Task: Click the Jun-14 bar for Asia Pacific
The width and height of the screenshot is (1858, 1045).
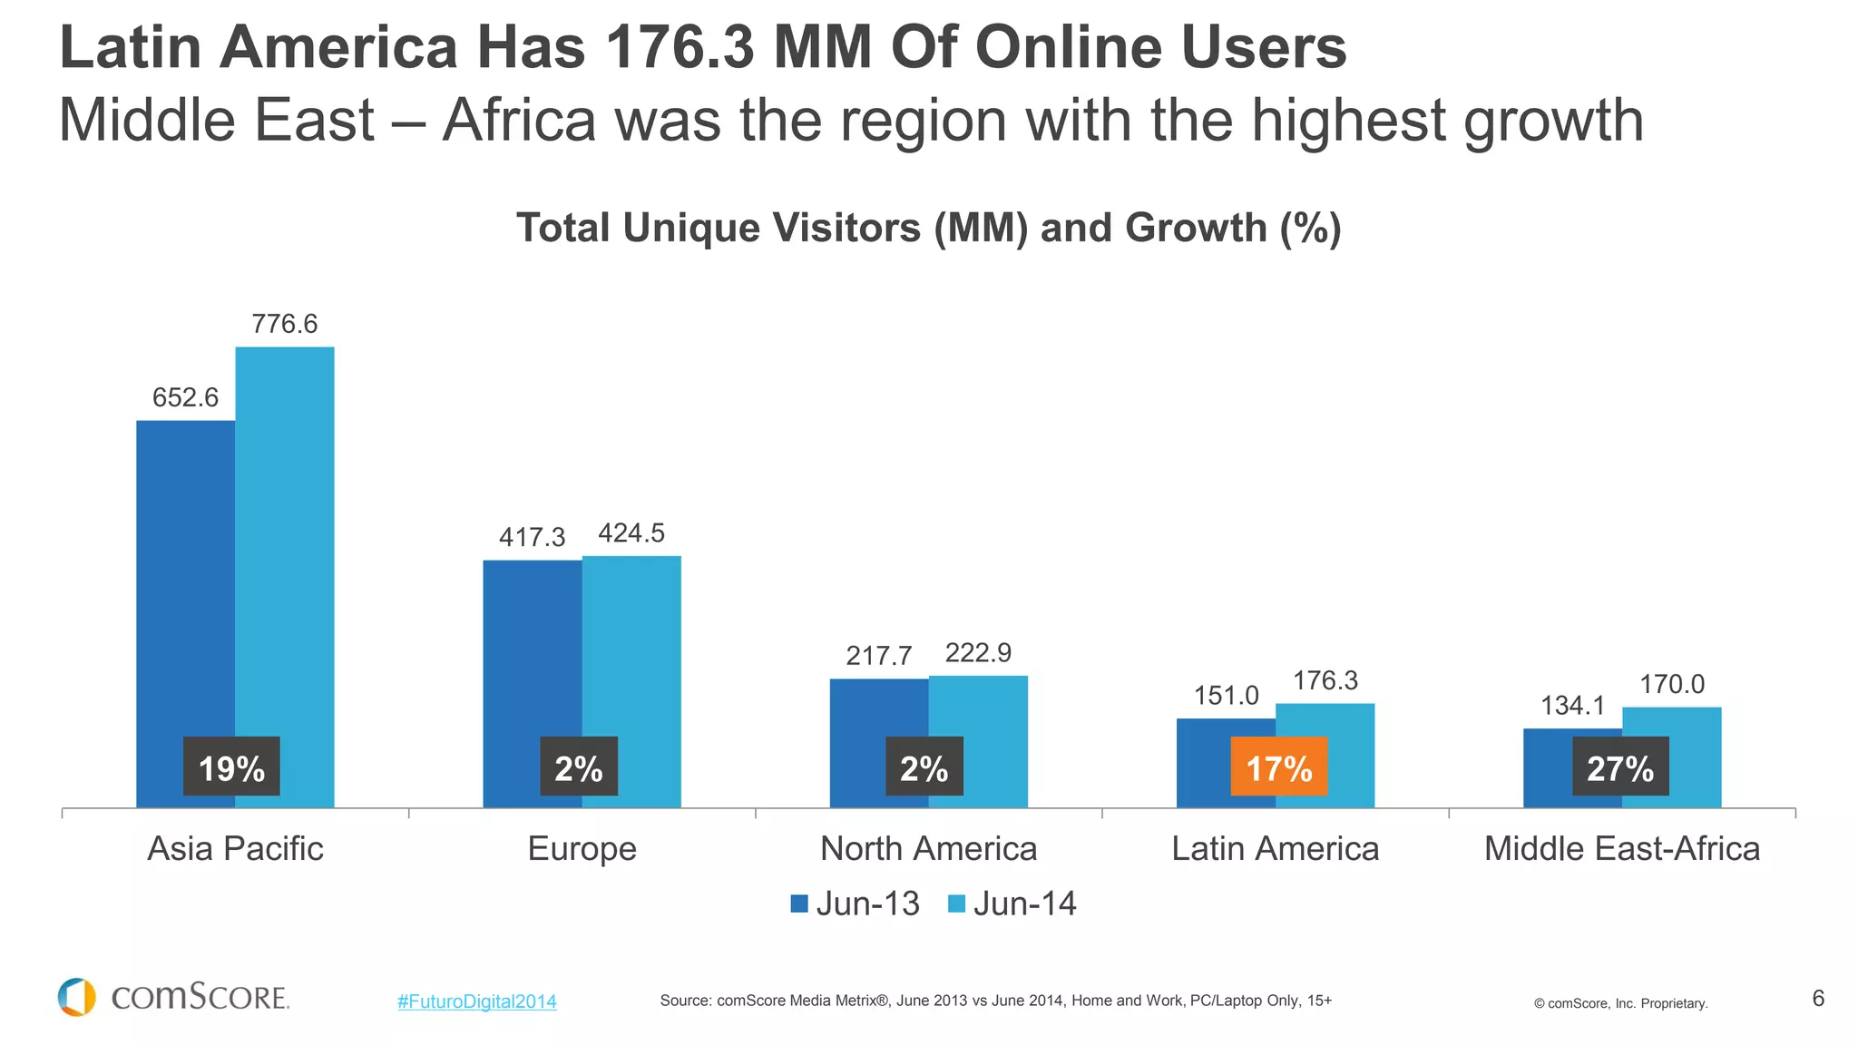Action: [x=285, y=544]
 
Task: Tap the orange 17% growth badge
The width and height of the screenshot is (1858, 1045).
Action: [x=1278, y=767]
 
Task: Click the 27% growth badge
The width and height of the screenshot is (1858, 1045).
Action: [x=1620, y=767]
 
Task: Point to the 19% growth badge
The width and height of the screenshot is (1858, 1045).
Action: [x=231, y=767]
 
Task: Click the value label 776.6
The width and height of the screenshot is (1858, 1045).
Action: [x=285, y=324]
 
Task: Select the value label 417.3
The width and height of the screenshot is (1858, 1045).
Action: [x=532, y=537]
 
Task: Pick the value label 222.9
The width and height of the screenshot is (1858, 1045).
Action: [x=978, y=652]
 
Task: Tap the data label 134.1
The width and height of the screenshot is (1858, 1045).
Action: [x=1572, y=705]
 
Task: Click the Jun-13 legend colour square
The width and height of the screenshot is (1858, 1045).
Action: [x=799, y=903]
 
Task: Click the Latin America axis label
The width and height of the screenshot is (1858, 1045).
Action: [x=1275, y=848]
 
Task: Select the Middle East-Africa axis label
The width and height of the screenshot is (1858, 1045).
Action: [x=1621, y=848]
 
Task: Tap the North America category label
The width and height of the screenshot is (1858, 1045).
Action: [x=928, y=848]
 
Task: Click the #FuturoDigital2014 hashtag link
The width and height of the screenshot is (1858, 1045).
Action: [x=476, y=1001]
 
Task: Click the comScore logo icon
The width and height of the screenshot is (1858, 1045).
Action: [x=76, y=997]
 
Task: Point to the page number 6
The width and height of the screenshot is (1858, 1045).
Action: [x=1817, y=998]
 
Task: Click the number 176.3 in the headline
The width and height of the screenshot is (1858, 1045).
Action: [x=680, y=47]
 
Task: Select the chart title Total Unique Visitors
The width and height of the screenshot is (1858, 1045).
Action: [x=928, y=228]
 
